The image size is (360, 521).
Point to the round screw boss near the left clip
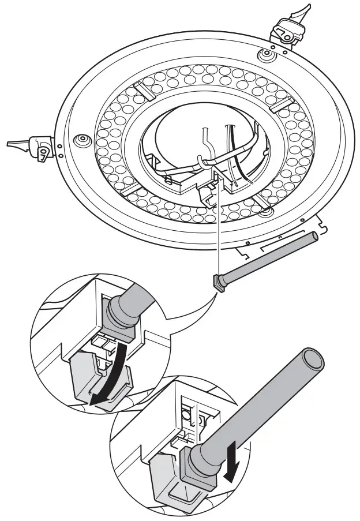[x=80, y=140]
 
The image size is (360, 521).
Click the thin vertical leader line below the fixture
[x=219, y=231]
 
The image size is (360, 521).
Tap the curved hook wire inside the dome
[x=203, y=147]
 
